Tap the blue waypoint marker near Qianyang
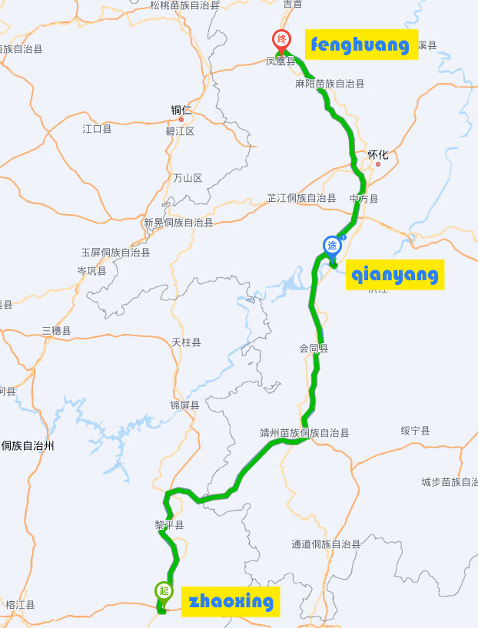[332, 246]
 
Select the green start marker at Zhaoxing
[163, 591]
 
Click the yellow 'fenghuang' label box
[360, 45]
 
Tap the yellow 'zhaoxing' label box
[230, 601]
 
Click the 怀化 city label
[378, 154]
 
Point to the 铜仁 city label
[181, 111]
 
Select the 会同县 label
[314, 349]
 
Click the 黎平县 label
[169, 525]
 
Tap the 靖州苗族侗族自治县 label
[304, 433]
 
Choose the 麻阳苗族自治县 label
[330, 83]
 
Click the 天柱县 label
[186, 342]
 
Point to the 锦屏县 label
[184, 405]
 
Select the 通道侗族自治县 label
[326, 544]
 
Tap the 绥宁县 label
[415, 431]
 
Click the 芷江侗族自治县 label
[301, 198]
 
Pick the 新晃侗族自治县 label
[178, 223]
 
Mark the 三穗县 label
[56, 331]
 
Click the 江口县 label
[97, 129]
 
